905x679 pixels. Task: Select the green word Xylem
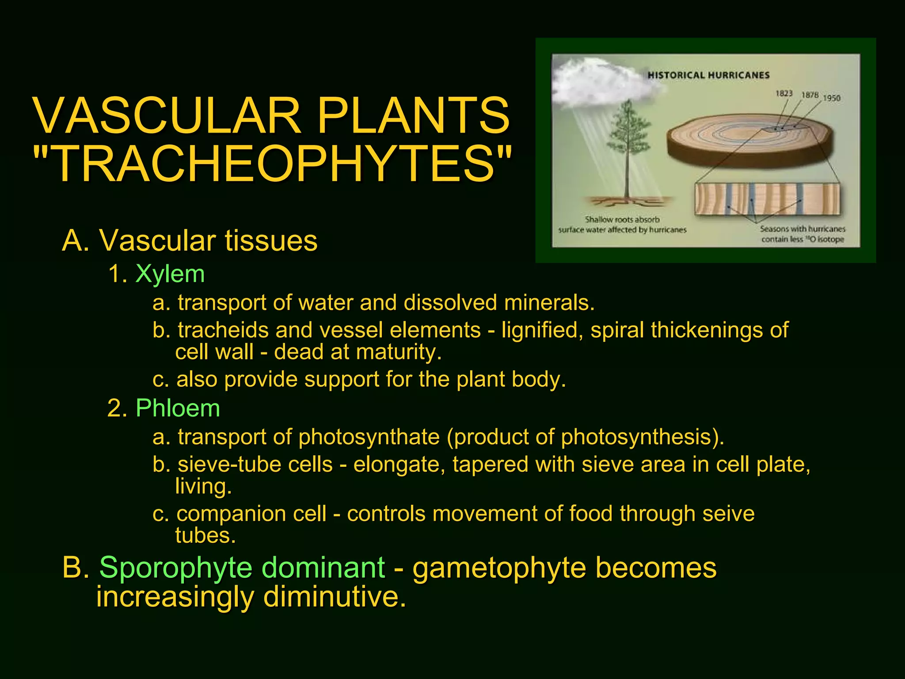[170, 274]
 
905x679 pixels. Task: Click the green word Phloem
[178, 408]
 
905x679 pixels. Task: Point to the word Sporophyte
[242, 568]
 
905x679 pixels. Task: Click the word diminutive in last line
[335, 597]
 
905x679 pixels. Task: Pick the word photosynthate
[369, 437]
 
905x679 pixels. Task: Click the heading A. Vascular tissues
[190, 241]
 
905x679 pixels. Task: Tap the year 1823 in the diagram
[784, 93]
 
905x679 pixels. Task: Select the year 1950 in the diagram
[831, 98]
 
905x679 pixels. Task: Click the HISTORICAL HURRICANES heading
[708, 75]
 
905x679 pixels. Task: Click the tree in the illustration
[627, 141]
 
